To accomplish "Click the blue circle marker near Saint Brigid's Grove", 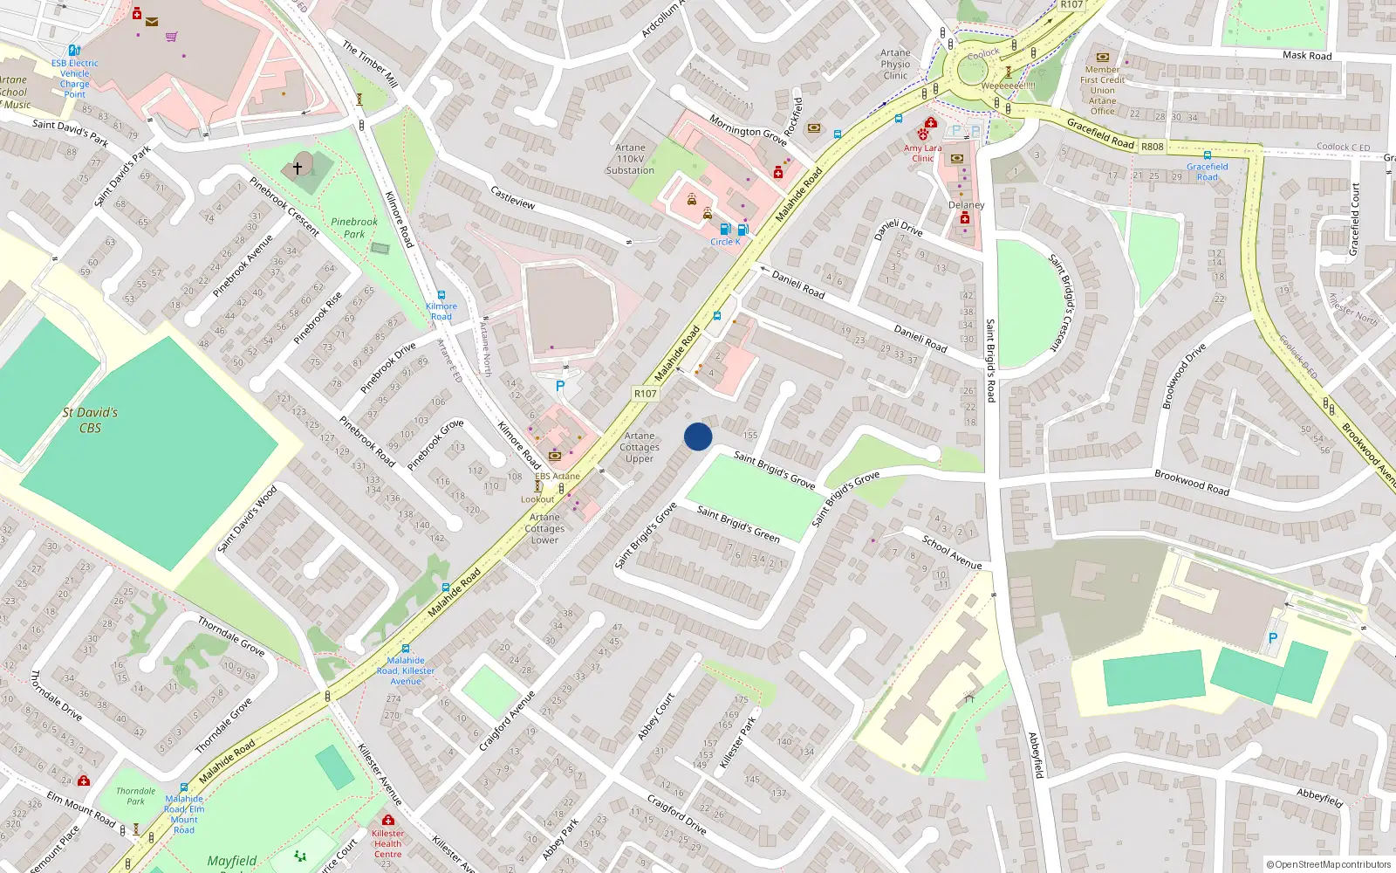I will click(698, 436).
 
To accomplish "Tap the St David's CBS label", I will click(90, 420).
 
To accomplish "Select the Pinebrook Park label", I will click(354, 228).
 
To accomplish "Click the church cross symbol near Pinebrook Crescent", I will click(298, 167).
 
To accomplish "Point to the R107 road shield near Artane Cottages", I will click(645, 394).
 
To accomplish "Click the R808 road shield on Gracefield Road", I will click(1152, 147).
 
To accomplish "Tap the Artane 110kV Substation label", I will click(630, 160).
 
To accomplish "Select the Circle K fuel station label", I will click(725, 242).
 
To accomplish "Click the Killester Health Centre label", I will click(387, 843).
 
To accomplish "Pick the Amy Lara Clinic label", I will click(922, 153).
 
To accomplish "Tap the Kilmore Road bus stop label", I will click(441, 311).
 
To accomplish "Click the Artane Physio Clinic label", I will click(895, 65).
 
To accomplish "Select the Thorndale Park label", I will click(135, 796).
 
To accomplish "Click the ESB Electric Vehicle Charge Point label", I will click(74, 79).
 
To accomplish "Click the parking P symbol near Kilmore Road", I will click(560, 386).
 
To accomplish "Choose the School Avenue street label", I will click(952, 553).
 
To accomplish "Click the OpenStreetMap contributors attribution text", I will click(1329, 864).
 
